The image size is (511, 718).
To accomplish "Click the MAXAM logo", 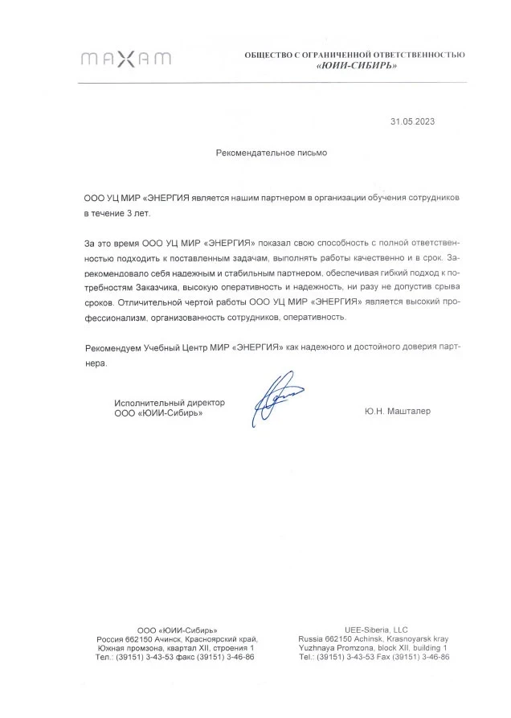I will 126,58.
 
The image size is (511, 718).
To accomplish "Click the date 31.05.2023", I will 413,121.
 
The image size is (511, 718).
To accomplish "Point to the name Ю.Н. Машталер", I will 397,411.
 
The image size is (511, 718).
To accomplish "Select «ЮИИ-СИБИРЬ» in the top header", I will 356,65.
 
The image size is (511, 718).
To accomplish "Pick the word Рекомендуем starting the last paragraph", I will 112,347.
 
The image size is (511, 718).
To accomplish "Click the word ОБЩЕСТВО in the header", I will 271,54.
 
